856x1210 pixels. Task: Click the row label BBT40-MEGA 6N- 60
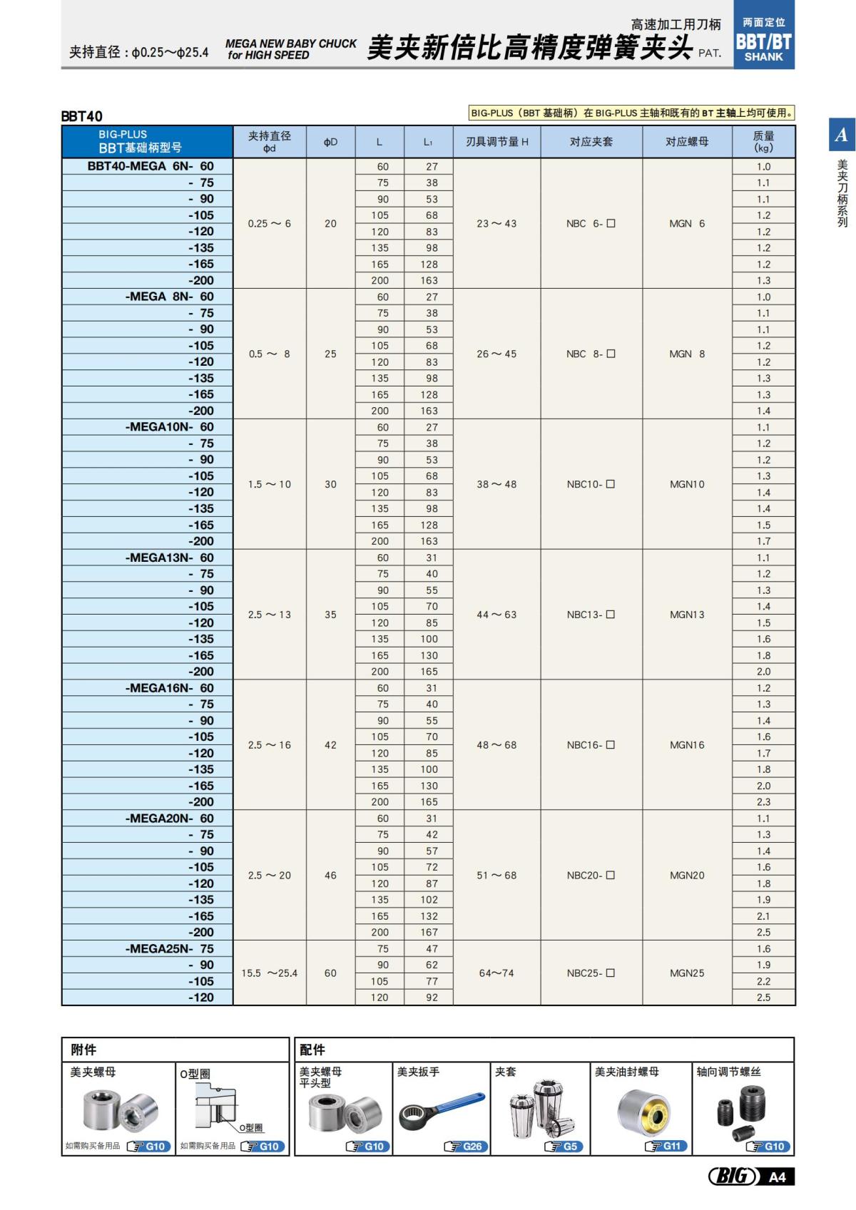point(150,166)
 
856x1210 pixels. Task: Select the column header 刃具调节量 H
point(496,142)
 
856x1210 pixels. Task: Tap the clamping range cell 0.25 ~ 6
point(269,223)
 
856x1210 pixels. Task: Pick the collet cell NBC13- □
point(591,615)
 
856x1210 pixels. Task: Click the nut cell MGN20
point(687,875)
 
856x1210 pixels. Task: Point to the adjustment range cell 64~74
point(496,973)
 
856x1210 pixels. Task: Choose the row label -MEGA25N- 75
point(169,949)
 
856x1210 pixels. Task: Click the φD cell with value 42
point(330,745)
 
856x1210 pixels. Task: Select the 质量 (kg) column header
point(763,141)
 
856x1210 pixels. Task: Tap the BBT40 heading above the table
point(81,116)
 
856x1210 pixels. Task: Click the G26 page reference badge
point(464,1147)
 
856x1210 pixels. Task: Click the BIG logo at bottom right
point(733,1176)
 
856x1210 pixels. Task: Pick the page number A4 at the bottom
point(778,1177)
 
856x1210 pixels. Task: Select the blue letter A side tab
point(841,135)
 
